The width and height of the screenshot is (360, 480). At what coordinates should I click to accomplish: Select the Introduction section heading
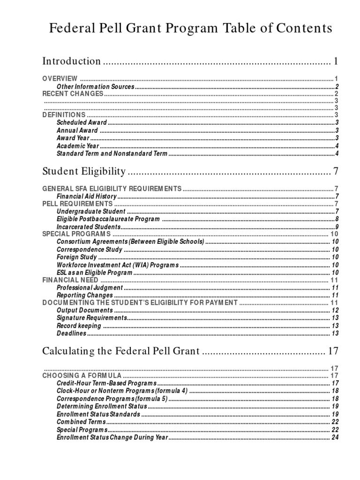[x=71, y=61]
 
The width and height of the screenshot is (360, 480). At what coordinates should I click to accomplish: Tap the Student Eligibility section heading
[x=84, y=172]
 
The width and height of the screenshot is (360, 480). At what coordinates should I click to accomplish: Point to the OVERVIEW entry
[x=60, y=78]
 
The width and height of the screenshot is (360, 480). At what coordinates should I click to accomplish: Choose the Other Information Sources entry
[x=95, y=87]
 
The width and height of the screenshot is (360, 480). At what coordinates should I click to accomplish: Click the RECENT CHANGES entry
[x=73, y=94]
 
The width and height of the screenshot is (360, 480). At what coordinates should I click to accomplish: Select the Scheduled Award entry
[x=82, y=123]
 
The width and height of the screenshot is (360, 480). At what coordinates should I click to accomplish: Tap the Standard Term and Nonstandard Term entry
[x=112, y=154]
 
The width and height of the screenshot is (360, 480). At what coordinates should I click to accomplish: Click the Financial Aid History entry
[x=86, y=196]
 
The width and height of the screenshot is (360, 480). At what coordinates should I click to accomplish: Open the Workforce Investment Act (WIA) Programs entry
[x=118, y=265]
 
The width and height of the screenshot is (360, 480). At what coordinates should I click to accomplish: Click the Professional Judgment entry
[x=90, y=287]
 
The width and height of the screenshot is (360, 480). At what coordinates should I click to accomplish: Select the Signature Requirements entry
[x=92, y=318]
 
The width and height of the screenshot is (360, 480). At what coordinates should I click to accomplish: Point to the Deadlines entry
[x=72, y=333]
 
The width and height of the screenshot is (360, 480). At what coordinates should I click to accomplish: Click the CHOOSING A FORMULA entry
[x=82, y=376]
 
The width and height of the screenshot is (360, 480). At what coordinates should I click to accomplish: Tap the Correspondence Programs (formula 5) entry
[x=112, y=398]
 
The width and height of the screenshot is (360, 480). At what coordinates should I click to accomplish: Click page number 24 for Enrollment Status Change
[x=335, y=437]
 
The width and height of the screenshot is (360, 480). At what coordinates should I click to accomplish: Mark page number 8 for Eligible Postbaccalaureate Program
[x=337, y=219]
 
